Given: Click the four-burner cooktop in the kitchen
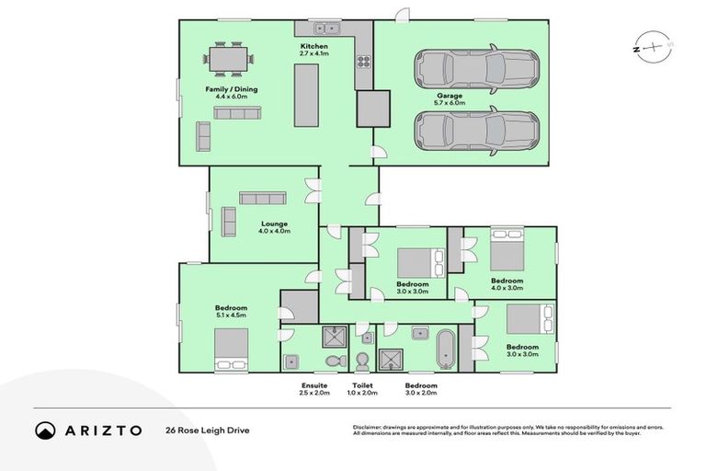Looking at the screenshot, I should click(x=364, y=63).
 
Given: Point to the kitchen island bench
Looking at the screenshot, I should click(x=305, y=96).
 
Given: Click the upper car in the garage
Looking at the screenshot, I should click(x=474, y=68).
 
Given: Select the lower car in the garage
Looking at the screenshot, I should click(x=474, y=131).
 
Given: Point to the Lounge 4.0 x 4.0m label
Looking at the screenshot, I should click(x=274, y=227).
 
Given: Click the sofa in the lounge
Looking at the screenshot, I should click(x=265, y=198).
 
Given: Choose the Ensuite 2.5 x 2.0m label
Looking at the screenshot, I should click(x=314, y=389).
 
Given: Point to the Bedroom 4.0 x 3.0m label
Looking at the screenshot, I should click(x=507, y=284).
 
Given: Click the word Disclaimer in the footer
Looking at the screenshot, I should click(x=368, y=427).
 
